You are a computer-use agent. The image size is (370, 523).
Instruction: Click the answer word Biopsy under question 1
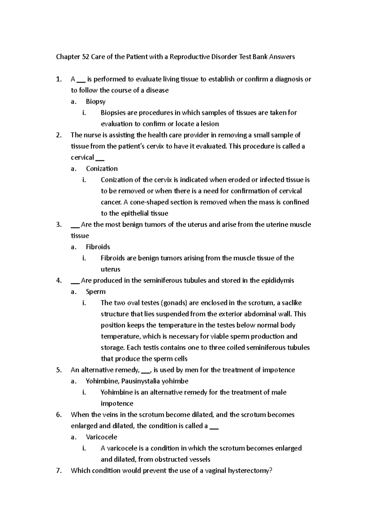click(x=96, y=102)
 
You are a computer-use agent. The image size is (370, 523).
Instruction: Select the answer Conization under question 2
click(x=102, y=169)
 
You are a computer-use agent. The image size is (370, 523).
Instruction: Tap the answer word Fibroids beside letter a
click(x=98, y=247)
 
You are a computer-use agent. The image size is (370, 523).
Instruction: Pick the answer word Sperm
click(x=96, y=292)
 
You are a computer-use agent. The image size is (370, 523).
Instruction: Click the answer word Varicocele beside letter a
click(x=101, y=437)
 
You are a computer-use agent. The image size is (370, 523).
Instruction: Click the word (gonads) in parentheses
click(x=174, y=303)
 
